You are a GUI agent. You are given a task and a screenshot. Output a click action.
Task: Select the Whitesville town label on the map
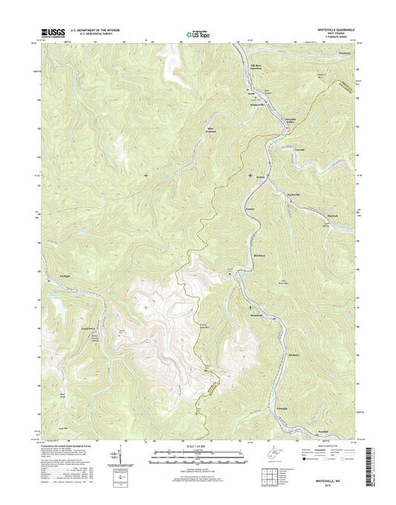(257, 105)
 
